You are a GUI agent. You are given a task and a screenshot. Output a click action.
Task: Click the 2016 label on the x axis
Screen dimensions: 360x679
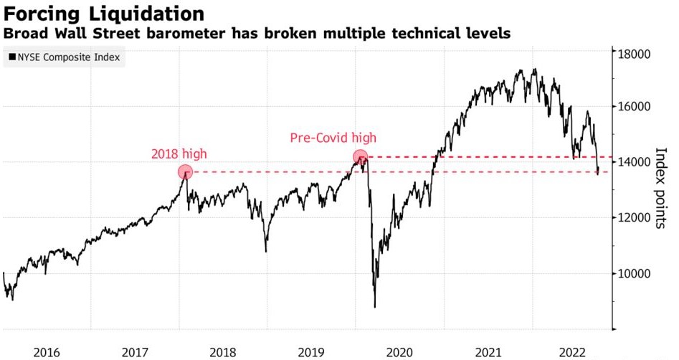47,352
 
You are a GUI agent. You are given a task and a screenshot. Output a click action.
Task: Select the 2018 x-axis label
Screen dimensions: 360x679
222,352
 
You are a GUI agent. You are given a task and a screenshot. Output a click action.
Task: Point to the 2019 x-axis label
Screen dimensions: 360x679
311,352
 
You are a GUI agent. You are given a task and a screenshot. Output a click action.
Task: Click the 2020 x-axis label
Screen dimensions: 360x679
399,352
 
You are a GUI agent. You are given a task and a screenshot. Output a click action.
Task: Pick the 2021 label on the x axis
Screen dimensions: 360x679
488,352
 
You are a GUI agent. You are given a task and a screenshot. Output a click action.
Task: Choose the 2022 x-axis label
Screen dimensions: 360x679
576,352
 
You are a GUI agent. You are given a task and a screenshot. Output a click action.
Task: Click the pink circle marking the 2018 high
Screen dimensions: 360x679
185,172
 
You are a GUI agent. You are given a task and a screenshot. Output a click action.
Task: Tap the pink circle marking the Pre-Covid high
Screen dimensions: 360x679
361,156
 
